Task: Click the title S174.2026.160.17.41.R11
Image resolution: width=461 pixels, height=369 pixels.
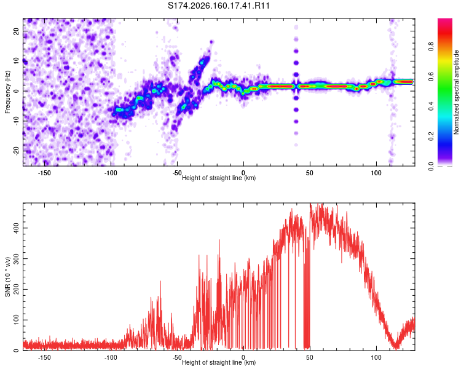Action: point(219,6)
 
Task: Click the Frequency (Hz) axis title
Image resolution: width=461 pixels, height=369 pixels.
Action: point(7,92)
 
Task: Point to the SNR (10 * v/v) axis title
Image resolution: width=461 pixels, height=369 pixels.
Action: point(7,277)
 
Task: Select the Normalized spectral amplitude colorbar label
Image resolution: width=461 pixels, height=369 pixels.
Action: point(456,92)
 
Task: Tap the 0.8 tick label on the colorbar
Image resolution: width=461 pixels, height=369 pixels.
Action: point(431,47)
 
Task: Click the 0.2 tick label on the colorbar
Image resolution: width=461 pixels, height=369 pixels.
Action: point(431,137)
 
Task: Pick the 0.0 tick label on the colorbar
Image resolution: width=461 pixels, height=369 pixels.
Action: point(431,167)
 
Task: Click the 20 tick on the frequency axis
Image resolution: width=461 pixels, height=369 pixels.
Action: point(16,31)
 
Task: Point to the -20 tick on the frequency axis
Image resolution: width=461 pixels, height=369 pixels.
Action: point(16,151)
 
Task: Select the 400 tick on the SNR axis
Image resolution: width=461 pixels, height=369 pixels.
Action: point(16,228)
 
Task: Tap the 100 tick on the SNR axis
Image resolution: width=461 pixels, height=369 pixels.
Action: point(16,320)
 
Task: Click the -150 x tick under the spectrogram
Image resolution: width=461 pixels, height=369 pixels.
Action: point(44,173)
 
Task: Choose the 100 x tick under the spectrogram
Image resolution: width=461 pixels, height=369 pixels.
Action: point(376,173)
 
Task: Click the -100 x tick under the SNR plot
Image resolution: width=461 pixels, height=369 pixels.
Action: point(111,357)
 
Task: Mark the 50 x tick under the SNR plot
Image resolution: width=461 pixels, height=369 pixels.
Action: point(310,357)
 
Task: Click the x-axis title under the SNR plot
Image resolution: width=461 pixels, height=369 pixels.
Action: point(219,362)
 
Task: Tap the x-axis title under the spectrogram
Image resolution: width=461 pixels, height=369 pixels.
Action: point(219,178)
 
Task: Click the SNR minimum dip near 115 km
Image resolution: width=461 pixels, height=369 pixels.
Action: point(395,347)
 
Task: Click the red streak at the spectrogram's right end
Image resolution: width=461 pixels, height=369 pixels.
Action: point(404,82)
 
